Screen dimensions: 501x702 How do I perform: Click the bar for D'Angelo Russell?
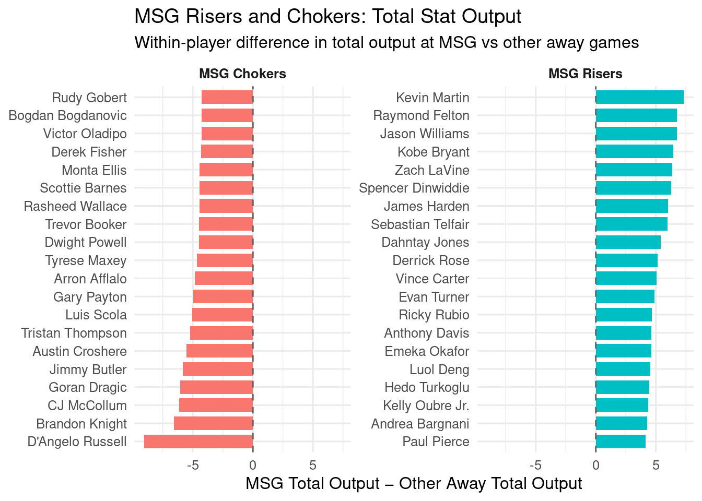coord(198,442)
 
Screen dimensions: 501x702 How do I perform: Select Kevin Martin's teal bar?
coord(639,98)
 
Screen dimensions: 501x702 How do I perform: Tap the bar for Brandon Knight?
coord(213,424)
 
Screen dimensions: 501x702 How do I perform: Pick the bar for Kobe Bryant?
coord(634,152)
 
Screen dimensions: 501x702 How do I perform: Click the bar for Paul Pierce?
coord(621,442)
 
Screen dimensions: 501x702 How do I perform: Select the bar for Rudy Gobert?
coord(227,98)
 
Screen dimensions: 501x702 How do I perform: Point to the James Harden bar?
coord(631,206)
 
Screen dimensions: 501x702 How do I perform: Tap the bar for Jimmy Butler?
coord(218,369)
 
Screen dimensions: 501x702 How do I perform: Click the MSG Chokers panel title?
coord(242,74)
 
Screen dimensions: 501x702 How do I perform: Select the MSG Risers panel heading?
coord(585,74)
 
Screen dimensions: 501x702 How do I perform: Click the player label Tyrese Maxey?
coord(86,260)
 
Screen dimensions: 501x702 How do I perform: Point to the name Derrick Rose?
coord(430,260)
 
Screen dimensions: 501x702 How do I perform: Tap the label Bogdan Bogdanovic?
coord(67,115)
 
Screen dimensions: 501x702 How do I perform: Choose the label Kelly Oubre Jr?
coord(426,405)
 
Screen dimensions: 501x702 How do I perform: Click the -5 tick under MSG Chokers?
coord(193,465)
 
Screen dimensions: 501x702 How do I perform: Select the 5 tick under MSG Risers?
coord(656,465)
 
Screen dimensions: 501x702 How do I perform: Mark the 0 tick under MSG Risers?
coord(595,465)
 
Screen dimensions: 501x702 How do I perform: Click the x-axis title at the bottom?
coord(414,484)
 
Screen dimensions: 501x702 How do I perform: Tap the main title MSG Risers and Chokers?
coord(327,17)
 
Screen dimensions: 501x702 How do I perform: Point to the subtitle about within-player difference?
coord(387,42)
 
